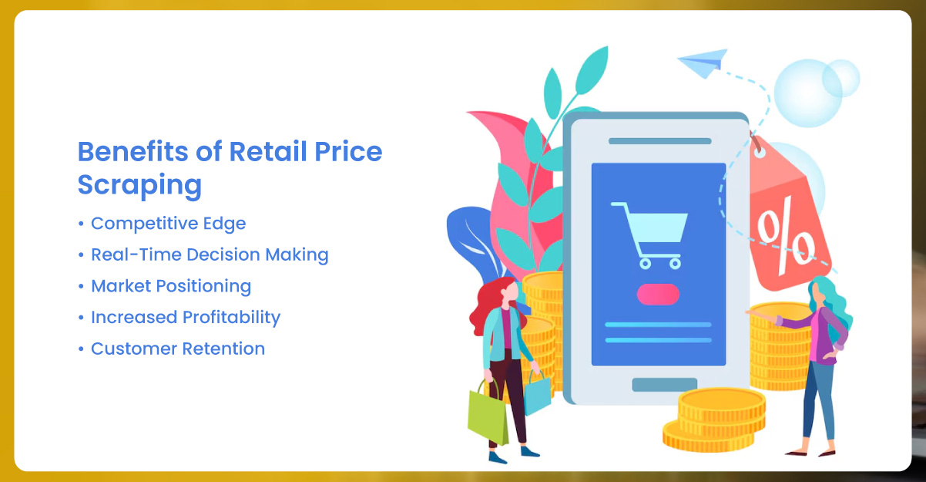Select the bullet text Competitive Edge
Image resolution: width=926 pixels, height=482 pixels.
168,224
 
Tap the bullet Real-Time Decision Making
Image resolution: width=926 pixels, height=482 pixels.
210,254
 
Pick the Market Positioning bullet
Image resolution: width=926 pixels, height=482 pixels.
171,286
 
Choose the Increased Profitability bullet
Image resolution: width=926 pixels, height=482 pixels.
186,317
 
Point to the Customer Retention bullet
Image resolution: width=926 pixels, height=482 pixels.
178,349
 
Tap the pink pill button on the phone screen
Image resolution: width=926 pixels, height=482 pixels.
658,294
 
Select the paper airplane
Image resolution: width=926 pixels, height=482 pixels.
703,61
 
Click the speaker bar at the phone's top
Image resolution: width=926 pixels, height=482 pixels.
659,141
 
